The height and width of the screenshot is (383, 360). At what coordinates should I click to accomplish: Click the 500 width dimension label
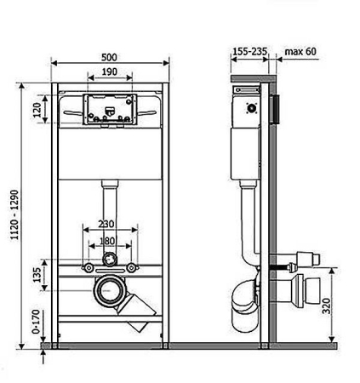click(109, 57)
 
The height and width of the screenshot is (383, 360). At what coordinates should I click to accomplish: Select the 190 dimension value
click(110, 71)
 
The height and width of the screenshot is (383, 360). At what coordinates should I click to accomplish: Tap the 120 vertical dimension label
click(37, 110)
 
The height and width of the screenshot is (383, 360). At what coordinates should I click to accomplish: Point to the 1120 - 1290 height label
click(14, 214)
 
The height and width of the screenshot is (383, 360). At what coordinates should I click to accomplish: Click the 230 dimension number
click(106, 224)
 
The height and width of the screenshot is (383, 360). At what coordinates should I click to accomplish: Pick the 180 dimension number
click(107, 241)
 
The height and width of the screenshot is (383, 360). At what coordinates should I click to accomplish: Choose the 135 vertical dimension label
click(37, 275)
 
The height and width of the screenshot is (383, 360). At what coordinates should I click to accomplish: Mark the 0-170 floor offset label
click(36, 322)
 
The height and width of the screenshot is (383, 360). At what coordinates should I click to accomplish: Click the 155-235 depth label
click(250, 52)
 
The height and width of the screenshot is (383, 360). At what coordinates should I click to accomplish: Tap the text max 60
click(300, 52)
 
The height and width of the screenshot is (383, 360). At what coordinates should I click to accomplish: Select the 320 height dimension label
click(327, 306)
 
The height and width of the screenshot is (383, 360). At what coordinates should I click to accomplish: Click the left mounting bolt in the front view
click(89, 267)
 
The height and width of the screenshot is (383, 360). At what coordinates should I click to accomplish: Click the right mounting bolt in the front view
click(131, 267)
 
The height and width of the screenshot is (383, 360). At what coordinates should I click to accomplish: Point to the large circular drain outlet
click(109, 290)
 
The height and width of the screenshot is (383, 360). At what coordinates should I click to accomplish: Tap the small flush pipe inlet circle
click(110, 260)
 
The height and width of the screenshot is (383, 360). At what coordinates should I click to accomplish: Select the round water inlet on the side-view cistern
click(251, 108)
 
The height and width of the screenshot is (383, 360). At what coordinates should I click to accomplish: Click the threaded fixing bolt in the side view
click(282, 267)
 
